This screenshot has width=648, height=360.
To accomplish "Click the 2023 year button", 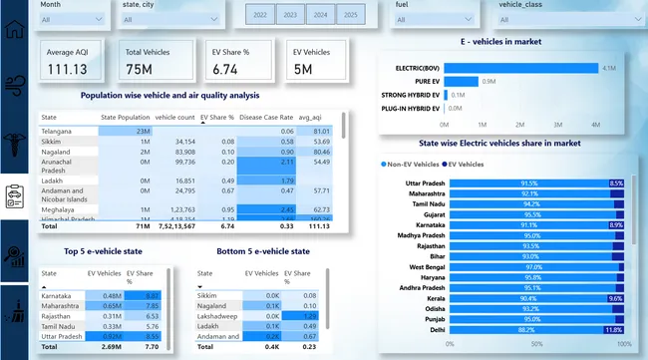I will point(290,16).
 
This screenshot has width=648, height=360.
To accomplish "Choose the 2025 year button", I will point(350,16).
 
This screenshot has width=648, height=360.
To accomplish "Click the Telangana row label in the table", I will point(58,131).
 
